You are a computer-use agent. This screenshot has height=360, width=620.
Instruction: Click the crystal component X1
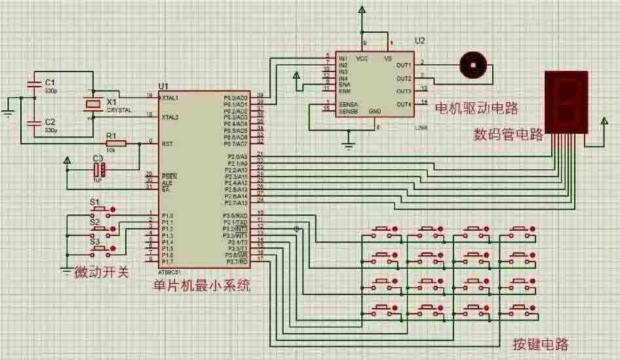(92, 104)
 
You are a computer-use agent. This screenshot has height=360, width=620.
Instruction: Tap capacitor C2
(32, 123)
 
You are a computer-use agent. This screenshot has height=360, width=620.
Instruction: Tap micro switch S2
(99, 230)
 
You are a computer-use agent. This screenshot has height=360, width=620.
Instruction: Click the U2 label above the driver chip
(419, 41)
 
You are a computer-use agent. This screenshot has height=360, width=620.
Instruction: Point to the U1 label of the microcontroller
(163, 87)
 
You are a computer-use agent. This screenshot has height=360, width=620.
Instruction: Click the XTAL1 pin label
(169, 97)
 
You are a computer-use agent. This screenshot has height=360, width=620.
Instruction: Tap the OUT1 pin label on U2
(404, 65)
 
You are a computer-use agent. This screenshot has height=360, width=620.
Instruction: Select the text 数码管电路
(508, 135)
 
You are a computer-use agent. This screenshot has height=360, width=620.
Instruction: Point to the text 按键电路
(541, 344)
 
